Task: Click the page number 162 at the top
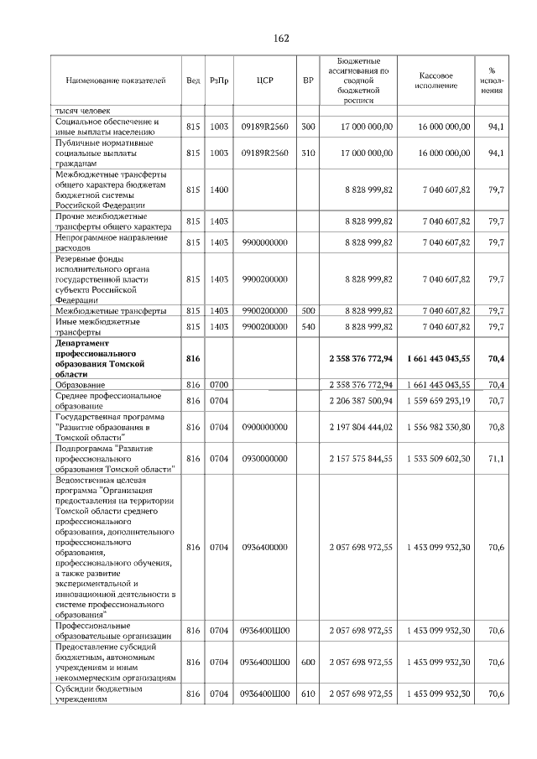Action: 281,39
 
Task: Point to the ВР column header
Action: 308,81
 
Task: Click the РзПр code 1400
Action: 219,190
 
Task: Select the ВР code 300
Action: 308,127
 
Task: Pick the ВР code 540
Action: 308,326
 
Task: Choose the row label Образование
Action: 84,384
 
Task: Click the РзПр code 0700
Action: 219,384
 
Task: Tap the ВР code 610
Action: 308,694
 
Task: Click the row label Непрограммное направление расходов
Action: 100,242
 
